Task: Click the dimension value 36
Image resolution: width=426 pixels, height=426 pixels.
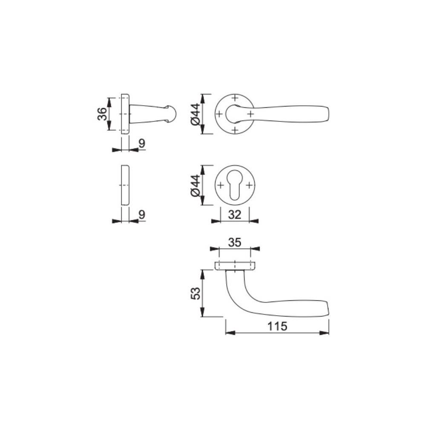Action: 102,114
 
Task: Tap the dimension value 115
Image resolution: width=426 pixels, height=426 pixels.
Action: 277,326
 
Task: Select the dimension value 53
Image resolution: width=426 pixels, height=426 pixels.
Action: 196,293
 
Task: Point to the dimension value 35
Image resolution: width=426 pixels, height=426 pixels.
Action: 235,242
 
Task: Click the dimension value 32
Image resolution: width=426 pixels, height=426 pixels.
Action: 235,215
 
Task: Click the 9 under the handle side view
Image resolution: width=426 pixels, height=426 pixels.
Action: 142,144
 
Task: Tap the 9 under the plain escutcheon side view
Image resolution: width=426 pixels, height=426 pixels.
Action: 142,215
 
